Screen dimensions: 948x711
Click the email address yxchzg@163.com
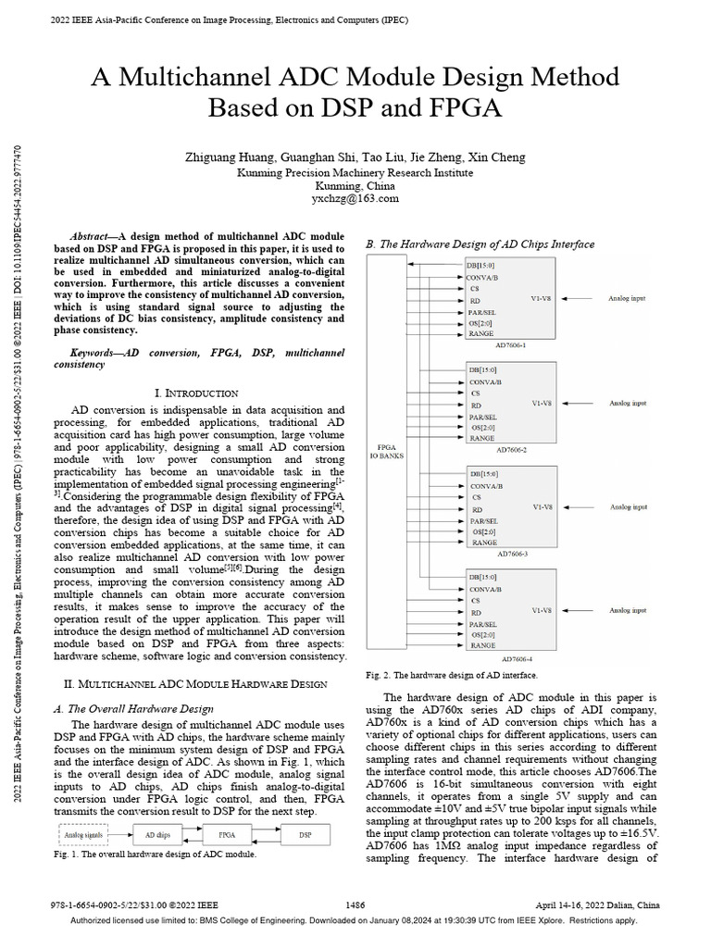pyautogui.click(x=355, y=198)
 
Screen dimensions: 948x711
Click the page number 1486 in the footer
pyautogui.click(x=355, y=903)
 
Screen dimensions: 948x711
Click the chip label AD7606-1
pyautogui.click(x=511, y=344)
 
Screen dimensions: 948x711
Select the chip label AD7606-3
pyautogui.click(x=511, y=554)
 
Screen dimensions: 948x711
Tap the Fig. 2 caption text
pyautogui.click(x=451, y=676)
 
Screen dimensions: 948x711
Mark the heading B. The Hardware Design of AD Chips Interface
pyautogui.click(x=480, y=244)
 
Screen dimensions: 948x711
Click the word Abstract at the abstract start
pyautogui.click(x=93, y=237)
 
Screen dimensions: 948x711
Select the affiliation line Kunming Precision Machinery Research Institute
pyautogui.click(x=355, y=172)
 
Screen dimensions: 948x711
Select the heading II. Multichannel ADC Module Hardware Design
pyautogui.click(x=194, y=683)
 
